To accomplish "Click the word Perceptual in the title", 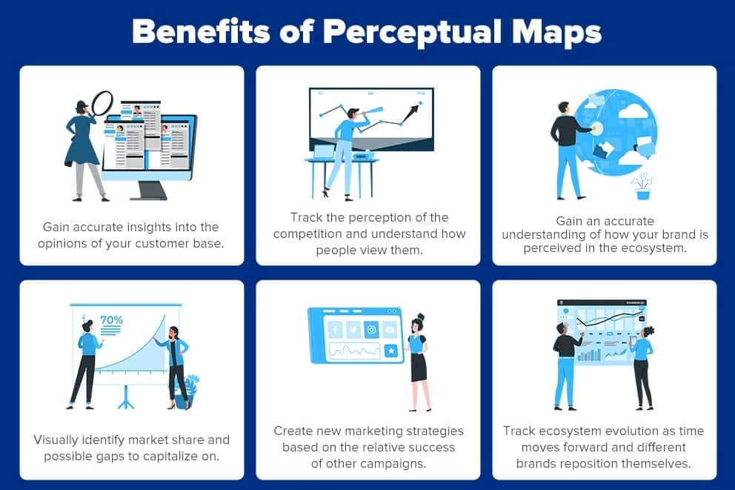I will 404,33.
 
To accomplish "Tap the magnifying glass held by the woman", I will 102,102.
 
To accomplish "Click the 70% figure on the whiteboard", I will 111,320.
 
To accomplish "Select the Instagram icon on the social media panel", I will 371,329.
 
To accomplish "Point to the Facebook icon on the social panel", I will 335,329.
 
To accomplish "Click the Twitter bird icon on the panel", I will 353,329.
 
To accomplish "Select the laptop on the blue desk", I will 324,152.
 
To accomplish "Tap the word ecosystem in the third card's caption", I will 663,248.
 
